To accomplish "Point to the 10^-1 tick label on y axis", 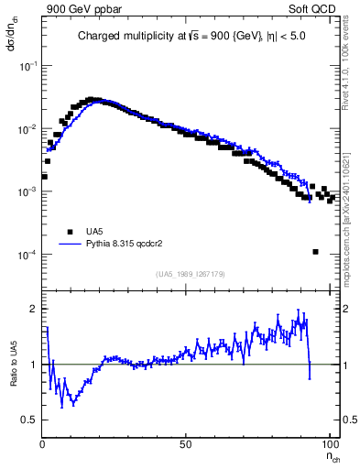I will pos(27,67).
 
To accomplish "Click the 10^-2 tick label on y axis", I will pos(27,129).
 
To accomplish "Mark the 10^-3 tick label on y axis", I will pos(27,191).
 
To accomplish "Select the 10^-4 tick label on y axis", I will pos(27,254).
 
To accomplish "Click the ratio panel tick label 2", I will pos(34,309).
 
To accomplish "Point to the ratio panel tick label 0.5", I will pos(30,420).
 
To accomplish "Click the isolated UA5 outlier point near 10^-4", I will pos(315,252).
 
